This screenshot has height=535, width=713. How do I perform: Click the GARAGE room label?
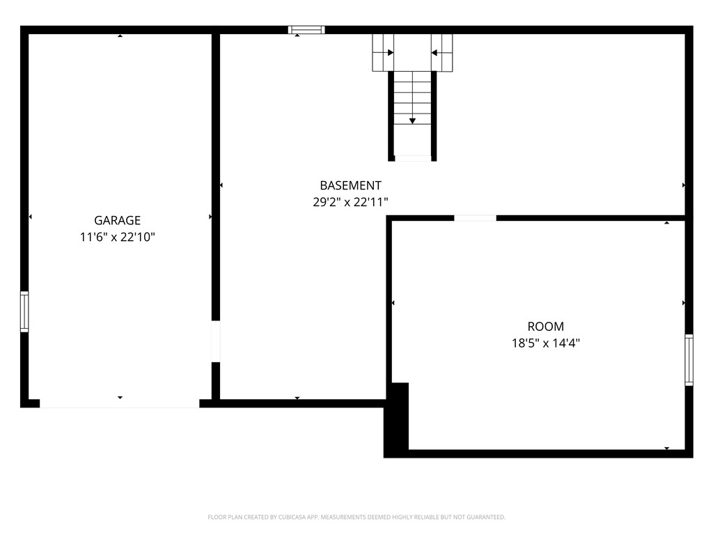(x=117, y=221)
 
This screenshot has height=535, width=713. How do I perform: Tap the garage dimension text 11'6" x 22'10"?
(x=117, y=238)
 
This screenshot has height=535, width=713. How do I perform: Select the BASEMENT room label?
(x=350, y=185)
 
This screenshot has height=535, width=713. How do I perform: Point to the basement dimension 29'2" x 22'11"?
(x=350, y=202)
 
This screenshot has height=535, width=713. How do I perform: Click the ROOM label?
(x=545, y=326)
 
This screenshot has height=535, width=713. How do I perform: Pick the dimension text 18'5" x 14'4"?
(x=545, y=343)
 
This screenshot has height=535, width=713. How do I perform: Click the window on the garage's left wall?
(x=24, y=311)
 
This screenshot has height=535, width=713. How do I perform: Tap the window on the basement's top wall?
(x=306, y=30)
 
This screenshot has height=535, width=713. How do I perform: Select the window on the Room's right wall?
(x=689, y=359)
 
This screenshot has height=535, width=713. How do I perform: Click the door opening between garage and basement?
(x=216, y=341)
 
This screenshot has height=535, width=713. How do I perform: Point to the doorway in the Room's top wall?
(x=475, y=218)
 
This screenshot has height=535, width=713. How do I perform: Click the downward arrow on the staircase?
(x=412, y=120)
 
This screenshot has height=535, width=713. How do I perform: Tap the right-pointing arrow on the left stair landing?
(x=390, y=52)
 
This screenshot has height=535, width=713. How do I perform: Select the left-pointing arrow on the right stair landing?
(x=434, y=52)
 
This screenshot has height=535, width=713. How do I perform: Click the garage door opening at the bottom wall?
(x=119, y=403)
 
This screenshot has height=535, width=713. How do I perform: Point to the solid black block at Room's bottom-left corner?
(x=397, y=419)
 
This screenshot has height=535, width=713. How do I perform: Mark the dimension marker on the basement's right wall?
(x=684, y=185)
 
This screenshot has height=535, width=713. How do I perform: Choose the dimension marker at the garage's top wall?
(x=120, y=36)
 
